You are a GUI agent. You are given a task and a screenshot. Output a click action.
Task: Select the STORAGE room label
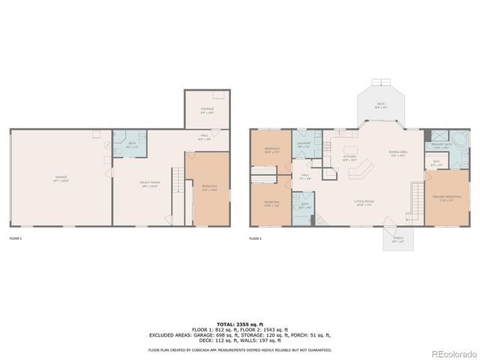207,111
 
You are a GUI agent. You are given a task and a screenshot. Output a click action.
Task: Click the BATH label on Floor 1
132,145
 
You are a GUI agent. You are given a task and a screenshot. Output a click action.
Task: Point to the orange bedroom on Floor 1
210,189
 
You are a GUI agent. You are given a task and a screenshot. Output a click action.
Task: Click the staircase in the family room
177,183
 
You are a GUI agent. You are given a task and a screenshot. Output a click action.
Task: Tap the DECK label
381,105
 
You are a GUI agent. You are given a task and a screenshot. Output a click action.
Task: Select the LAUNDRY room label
303,145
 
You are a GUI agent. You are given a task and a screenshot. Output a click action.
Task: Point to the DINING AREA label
397,154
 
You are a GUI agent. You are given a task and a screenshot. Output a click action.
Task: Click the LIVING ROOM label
365,202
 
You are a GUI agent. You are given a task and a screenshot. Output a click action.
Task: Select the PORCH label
388,240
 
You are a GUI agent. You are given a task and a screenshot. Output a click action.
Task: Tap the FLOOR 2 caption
256,238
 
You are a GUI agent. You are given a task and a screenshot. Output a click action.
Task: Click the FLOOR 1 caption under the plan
15,238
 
